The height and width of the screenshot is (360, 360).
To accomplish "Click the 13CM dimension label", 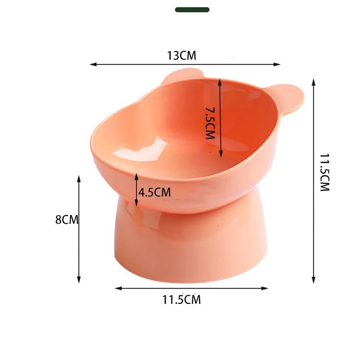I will coord(181,56).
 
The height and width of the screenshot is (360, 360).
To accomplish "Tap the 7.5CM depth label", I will coord(209,123).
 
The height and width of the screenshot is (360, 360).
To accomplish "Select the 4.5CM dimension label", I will coord(155,192).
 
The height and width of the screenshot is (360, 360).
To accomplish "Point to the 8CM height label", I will coord(66,220).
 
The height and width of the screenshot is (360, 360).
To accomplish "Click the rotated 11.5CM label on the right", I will coord(325,173).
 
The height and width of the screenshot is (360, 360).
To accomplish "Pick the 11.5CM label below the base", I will coord(181,300).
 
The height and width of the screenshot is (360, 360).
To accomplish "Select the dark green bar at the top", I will coord(192,10).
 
